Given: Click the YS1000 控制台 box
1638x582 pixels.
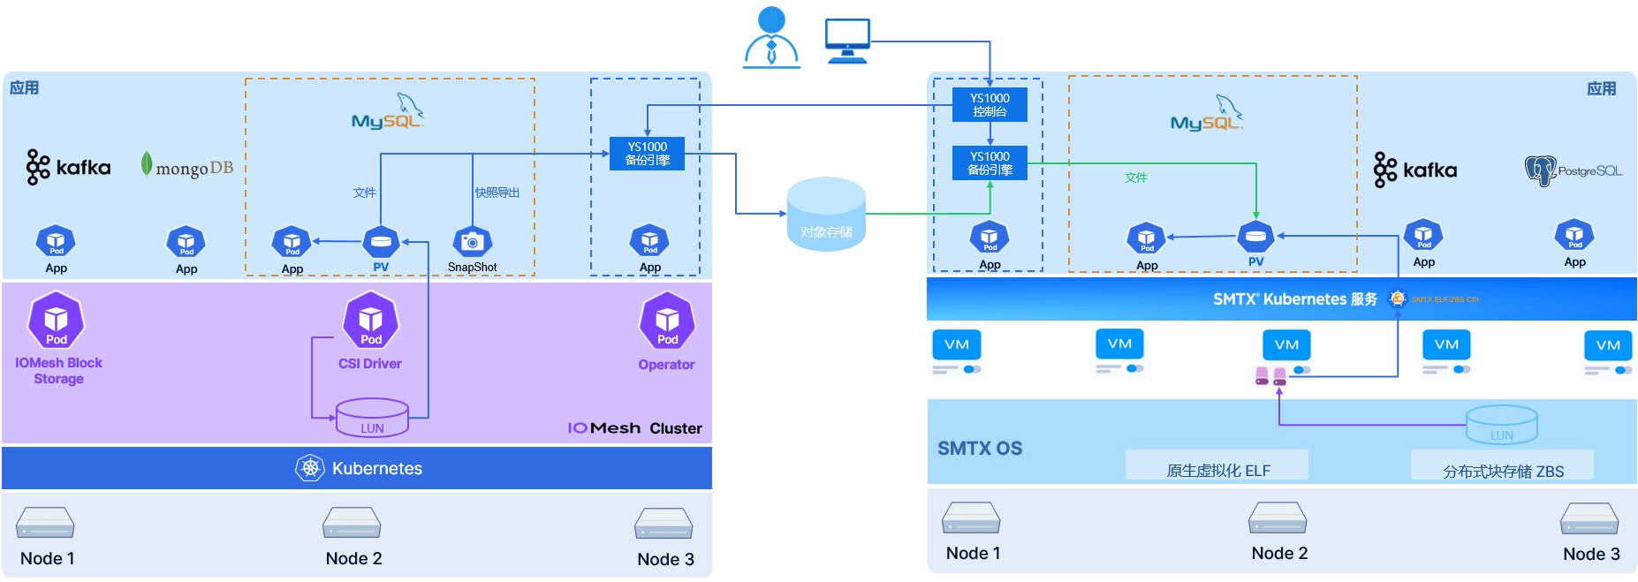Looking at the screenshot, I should click(990, 105).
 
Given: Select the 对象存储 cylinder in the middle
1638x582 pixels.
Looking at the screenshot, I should click(826, 215).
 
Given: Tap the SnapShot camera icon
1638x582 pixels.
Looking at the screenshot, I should click(472, 241).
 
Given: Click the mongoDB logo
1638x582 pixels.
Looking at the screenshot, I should click(186, 166).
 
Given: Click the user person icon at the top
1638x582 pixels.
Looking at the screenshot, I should click(771, 37).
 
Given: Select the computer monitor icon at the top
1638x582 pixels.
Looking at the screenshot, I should click(847, 41).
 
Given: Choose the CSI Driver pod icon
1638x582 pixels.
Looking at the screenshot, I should click(370, 321).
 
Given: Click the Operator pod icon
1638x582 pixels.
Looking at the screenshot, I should click(667, 321).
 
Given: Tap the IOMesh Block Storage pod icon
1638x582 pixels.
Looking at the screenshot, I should click(57, 321).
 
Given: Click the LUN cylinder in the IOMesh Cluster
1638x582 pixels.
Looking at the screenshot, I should click(372, 418).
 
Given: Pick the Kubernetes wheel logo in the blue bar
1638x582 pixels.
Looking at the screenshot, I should click(310, 468).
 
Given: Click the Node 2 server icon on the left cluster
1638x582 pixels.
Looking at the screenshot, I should click(352, 523).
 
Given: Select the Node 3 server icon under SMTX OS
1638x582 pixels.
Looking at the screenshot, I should click(1589, 518).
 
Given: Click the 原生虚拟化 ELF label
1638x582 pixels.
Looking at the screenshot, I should click(1217, 471).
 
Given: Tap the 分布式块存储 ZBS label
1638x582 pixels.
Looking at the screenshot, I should click(1503, 472).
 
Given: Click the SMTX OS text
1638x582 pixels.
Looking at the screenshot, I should click(979, 449).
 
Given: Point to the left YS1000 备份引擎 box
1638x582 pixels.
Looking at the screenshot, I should click(647, 154).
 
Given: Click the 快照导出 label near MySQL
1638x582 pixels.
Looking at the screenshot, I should click(497, 193).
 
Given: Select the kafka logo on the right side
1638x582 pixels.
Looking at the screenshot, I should click(1415, 170).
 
